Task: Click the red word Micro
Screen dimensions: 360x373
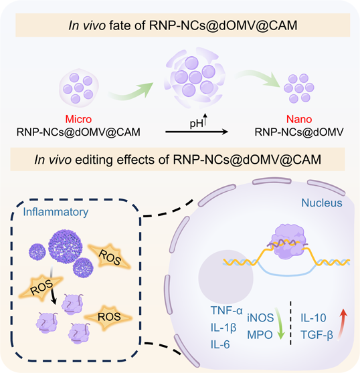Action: tap(78, 119)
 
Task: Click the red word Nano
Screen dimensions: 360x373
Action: tap(299, 119)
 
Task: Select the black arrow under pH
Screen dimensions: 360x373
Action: tap(197, 132)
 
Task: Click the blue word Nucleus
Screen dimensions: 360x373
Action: tap(322, 203)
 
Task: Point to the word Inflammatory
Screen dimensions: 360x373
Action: tap(56, 212)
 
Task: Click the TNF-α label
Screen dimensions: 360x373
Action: tap(226, 310)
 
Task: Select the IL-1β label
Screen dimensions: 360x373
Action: tap(223, 328)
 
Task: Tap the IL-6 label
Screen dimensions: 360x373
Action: tap(220, 344)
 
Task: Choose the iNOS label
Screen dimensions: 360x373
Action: tap(260, 318)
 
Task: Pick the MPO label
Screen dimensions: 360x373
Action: tap(260, 335)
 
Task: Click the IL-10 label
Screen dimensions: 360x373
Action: tap(313, 318)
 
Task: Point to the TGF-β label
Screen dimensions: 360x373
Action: tap(317, 335)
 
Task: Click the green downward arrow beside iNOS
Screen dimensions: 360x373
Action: tap(280, 324)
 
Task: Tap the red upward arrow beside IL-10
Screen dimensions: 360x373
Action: tap(342, 325)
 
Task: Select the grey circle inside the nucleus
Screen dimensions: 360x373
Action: tap(226, 277)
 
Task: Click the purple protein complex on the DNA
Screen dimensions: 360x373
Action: tap(287, 241)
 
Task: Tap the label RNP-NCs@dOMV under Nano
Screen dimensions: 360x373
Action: tap(299, 132)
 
